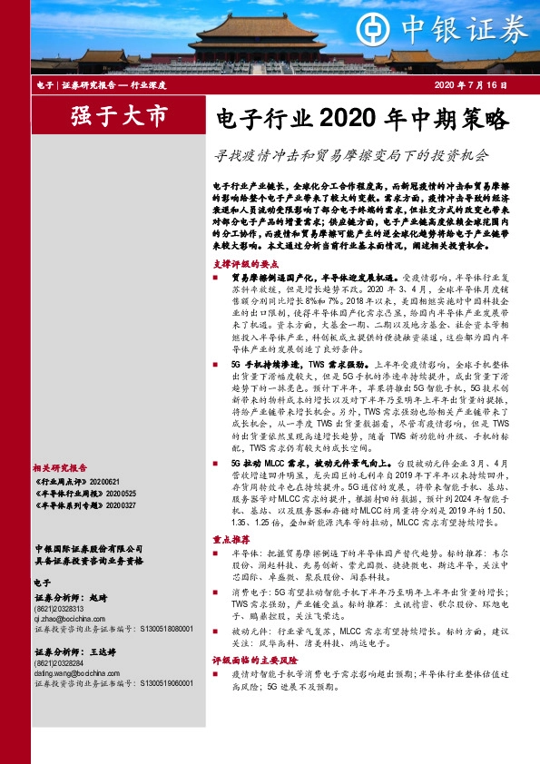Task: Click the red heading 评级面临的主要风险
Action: pos(249,660)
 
